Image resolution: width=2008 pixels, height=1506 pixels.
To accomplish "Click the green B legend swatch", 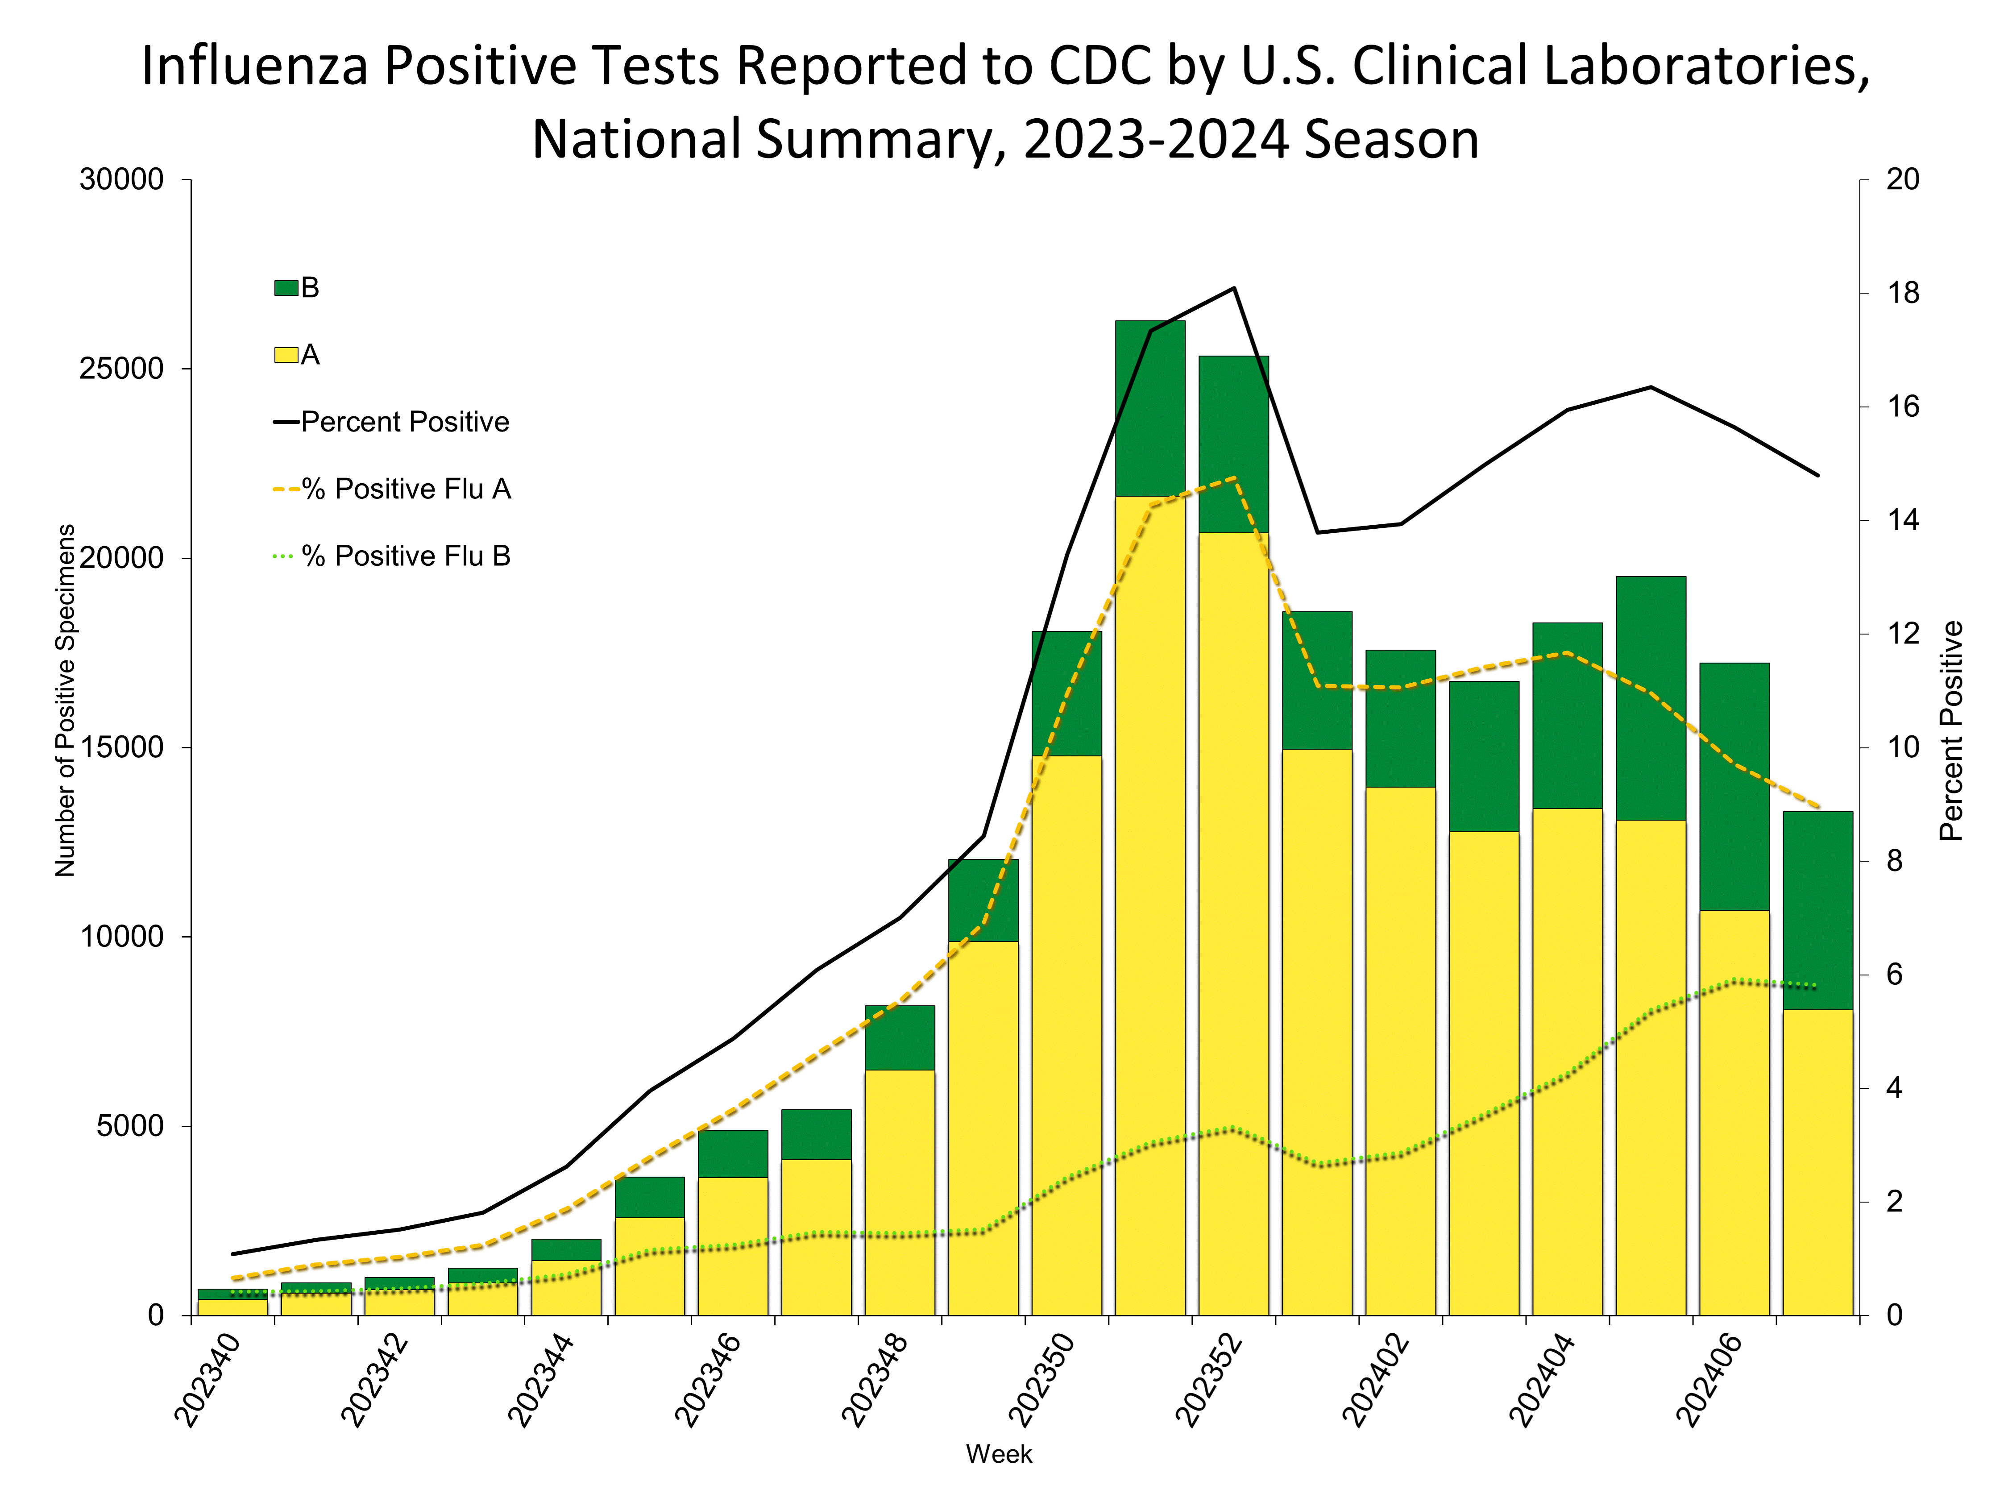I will point(286,288).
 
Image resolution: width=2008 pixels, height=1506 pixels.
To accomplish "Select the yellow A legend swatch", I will point(286,355).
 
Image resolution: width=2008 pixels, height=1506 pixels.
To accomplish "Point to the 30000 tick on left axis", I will point(122,180).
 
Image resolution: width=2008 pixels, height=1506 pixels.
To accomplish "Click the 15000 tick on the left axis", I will point(122,748).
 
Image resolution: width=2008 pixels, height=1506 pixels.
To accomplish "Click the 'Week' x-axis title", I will point(999,1454).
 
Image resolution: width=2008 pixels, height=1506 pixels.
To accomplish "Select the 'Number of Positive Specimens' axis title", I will point(65,701).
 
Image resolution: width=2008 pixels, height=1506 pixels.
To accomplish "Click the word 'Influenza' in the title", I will point(254,66).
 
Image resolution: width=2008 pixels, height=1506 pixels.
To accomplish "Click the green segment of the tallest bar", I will point(1150,408).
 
